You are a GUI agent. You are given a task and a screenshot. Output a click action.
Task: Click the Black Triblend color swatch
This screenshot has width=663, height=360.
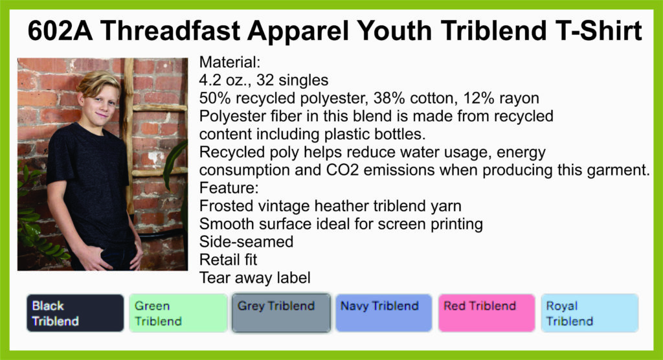point(75,313)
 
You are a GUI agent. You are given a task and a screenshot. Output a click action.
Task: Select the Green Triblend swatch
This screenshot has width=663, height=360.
point(178,313)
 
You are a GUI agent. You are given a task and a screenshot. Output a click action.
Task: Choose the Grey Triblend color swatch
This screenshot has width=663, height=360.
point(281,313)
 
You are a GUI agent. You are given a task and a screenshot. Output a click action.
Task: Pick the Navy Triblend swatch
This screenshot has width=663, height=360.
point(384,313)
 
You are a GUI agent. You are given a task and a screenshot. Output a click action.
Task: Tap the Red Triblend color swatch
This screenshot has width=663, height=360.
point(487,313)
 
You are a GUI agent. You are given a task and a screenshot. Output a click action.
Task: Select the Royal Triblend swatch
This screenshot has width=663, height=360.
point(590,313)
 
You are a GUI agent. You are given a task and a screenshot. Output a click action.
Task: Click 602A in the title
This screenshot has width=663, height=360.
point(60,31)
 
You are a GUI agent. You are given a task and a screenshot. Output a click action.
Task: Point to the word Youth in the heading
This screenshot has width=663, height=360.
point(393,31)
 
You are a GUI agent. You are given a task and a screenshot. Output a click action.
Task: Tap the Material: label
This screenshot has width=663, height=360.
point(230,62)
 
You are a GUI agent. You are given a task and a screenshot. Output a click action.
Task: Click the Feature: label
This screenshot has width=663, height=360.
point(229,187)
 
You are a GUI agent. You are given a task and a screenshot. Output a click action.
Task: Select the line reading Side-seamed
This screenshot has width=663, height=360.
point(247,242)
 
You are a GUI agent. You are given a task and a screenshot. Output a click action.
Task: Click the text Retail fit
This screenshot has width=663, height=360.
point(229,260)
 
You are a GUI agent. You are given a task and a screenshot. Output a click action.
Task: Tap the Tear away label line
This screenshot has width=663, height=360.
point(255,278)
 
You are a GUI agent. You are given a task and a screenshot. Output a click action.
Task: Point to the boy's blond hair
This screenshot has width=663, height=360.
point(98,82)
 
